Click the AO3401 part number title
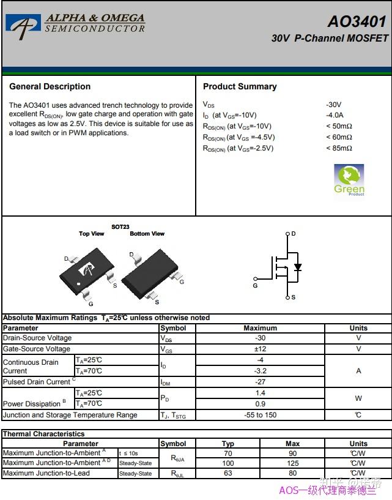357,21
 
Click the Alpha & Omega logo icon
23,24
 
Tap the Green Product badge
349,180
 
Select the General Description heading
50,87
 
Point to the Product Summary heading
240,87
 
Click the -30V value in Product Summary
334,105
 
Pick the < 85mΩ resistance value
339,148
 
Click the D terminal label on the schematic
294,234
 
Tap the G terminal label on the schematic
255,285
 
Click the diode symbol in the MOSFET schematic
298,267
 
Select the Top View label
92,234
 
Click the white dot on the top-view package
79,284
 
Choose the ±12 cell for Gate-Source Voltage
260,349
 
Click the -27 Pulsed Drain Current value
260,382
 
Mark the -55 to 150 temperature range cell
260,415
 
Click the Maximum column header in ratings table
260,328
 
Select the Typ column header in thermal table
228,444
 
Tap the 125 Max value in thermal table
292,463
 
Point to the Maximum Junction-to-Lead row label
46,473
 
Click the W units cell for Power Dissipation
358,398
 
